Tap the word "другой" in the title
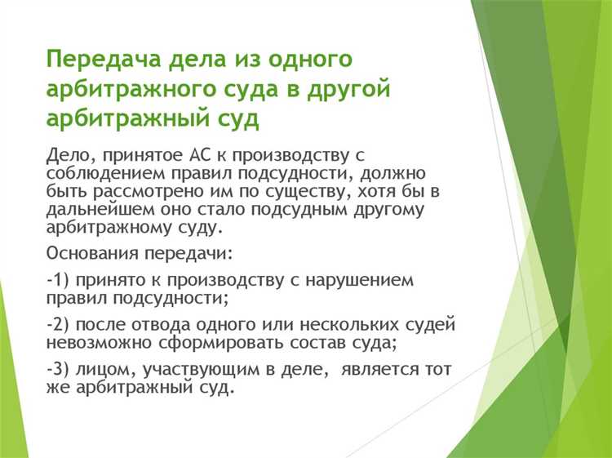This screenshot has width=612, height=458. pos(347,90)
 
